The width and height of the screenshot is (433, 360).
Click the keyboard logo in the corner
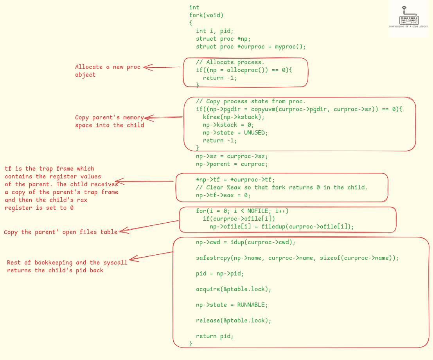(x=409, y=17)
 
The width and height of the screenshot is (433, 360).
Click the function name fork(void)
(x=206, y=15)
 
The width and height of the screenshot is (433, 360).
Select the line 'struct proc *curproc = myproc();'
(x=250, y=47)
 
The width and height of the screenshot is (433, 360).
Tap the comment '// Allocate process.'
(x=230, y=62)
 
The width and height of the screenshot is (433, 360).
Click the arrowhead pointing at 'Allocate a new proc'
(x=147, y=67)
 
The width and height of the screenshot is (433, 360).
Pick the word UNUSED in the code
(x=256, y=133)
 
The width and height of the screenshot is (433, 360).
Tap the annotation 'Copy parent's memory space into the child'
(x=110, y=121)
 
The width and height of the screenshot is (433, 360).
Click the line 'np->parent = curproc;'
(x=232, y=164)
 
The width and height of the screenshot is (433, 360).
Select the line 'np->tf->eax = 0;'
(x=223, y=195)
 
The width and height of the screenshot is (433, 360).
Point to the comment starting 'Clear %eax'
(x=282, y=187)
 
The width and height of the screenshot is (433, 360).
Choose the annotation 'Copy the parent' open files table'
(x=61, y=232)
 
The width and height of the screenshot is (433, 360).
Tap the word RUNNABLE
(x=252, y=305)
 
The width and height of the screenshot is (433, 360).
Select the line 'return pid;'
(x=214, y=336)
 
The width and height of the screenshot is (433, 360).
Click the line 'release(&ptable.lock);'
(x=233, y=320)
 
